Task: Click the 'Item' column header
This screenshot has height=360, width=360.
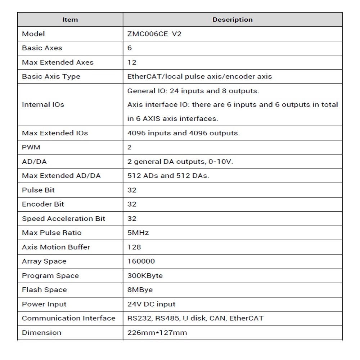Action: tap(70, 20)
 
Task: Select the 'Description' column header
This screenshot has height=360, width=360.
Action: tap(232, 20)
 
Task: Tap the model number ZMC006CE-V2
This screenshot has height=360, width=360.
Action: tap(152, 34)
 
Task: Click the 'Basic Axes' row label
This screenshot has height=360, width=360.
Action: tap(42, 48)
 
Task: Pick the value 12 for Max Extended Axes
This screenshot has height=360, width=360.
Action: tap(132, 62)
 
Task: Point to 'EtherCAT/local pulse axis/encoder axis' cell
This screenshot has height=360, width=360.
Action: tap(199, 76)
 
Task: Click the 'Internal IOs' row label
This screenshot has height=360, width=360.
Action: tap(43, 105)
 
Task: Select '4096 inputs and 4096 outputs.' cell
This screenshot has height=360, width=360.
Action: tap(183, 133)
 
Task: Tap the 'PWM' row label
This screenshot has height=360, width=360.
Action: tap(31, 147)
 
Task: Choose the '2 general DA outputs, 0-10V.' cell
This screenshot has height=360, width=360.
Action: tap(180, 162)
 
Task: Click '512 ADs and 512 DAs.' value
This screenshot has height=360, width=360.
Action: tap(168, 176)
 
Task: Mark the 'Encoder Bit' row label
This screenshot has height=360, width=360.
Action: tap(43, 204)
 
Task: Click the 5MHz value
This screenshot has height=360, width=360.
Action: tap(138, 233)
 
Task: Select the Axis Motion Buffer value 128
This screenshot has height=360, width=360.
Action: tap(134, 247)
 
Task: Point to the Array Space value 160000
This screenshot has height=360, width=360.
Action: tap(141, 261)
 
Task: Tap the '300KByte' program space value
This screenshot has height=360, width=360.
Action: tap(145, 276)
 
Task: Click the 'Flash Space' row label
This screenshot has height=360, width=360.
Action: tap(44, 290)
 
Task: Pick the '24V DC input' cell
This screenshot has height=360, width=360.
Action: tap(151, 304)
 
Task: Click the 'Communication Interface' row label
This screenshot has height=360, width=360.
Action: tap(68, 318)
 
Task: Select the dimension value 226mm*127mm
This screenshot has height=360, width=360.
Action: tap(157, 333)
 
